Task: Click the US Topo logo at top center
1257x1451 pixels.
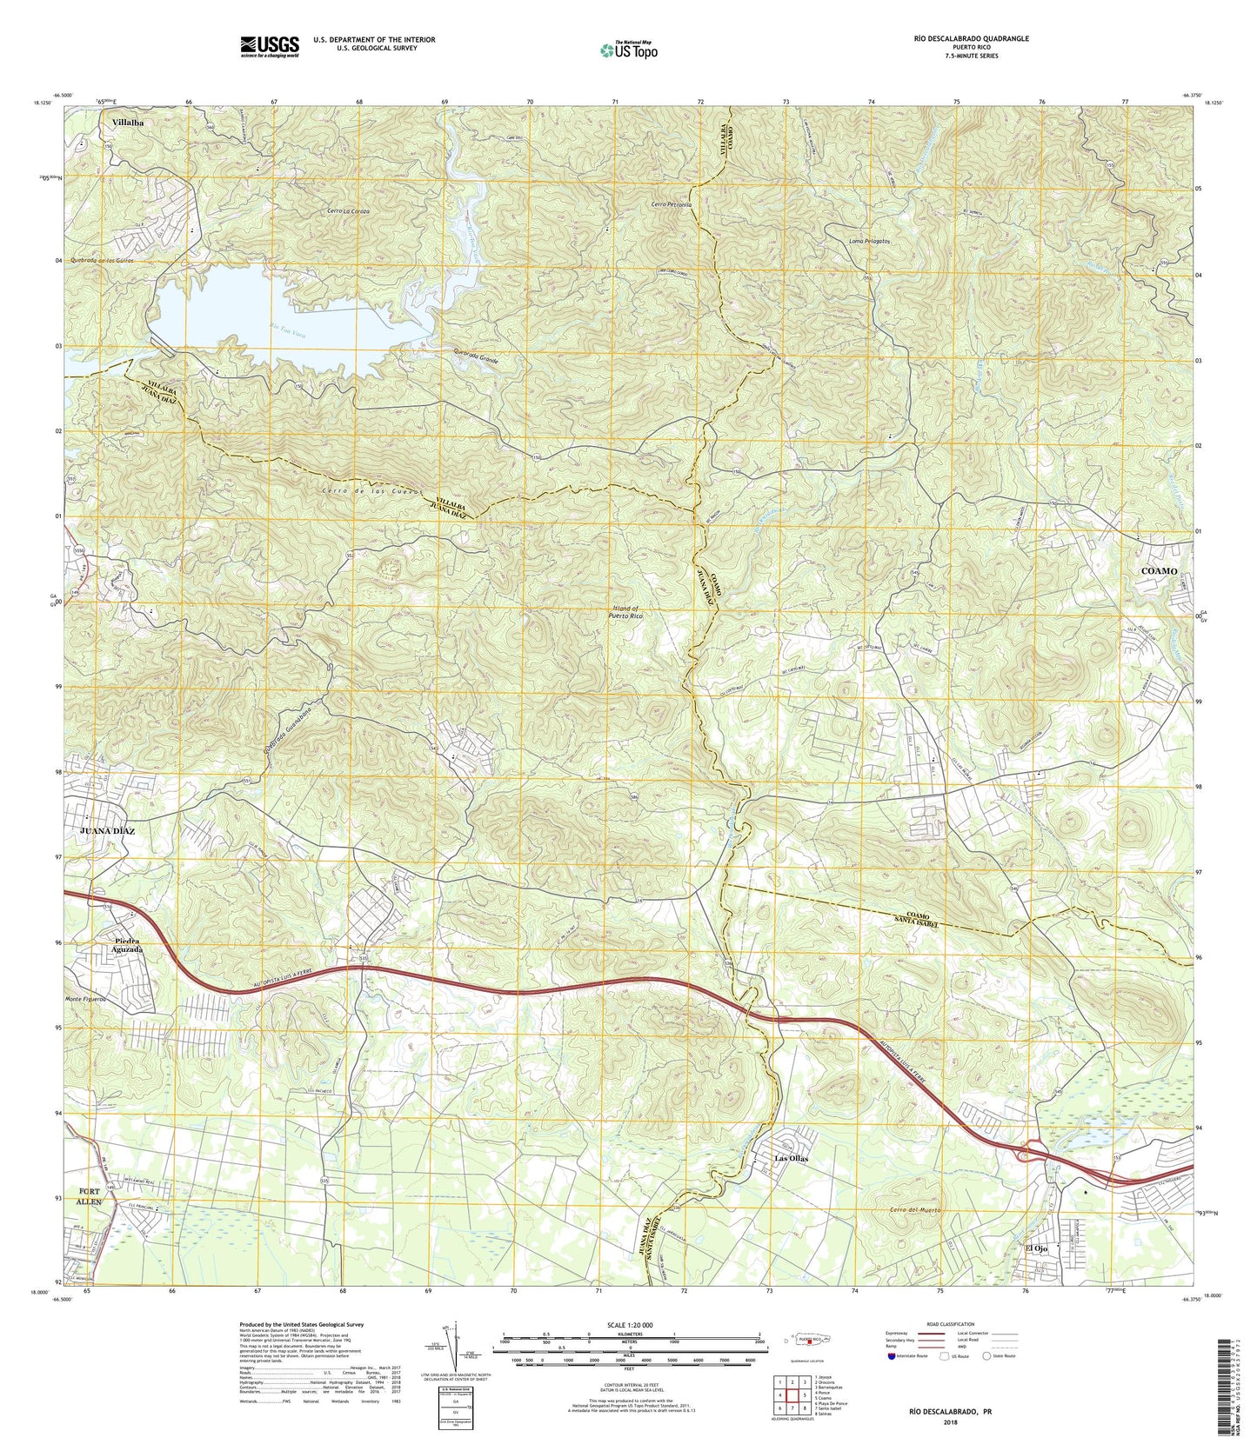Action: click(x=629, y=50)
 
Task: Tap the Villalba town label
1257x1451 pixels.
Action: click(x=127, y=123)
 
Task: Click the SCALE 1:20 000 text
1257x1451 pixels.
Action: click(x=629, y=1324)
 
